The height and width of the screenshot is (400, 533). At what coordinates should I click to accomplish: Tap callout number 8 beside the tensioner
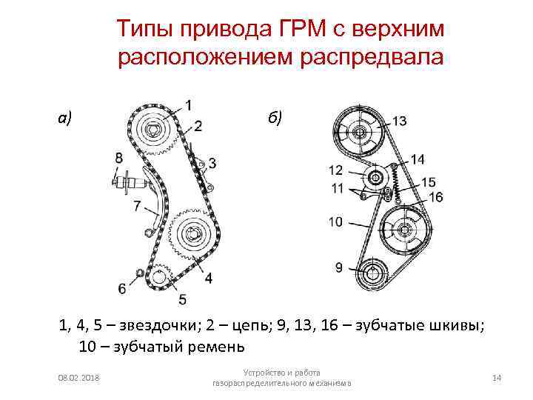119,157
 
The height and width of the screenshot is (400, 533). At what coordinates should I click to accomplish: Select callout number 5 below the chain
182,299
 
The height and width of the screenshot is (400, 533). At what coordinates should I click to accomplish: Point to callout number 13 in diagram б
399,121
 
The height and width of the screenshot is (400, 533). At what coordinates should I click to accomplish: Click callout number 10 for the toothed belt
335,221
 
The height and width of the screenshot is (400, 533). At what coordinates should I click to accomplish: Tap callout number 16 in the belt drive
435,197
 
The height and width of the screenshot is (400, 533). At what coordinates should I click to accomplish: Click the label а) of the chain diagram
66,117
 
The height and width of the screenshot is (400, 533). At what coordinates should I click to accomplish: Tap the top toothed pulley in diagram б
360,133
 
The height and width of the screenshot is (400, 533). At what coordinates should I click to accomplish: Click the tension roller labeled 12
375,178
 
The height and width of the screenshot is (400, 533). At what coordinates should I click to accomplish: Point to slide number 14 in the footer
497,379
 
